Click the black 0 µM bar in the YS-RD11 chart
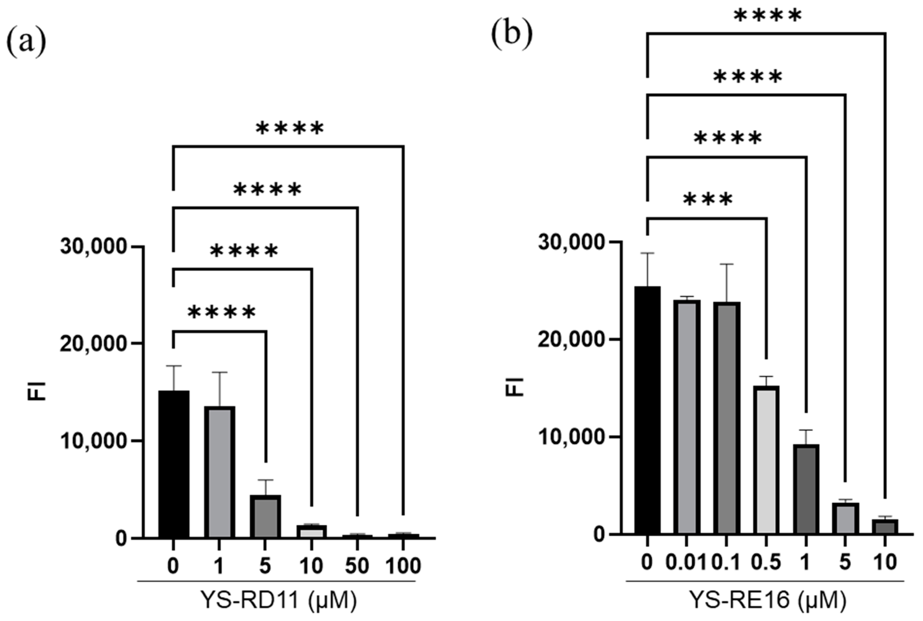click(173, 464)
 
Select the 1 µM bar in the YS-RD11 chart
click(219, 472)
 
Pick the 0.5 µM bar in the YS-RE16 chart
click(766, 460)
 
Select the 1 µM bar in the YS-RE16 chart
click(805, 489)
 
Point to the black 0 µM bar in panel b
click(647, 410)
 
